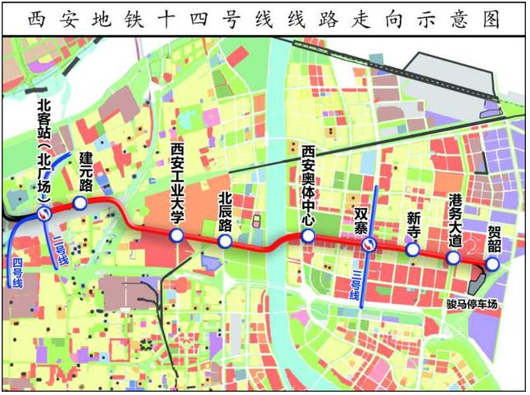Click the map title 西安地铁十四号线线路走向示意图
(265, 18)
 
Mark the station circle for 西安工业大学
(176, 238)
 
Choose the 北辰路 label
(226, 212)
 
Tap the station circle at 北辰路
(225, 243)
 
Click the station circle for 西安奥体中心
(308, 236)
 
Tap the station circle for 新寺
(413, 250)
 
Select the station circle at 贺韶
(491, 265)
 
